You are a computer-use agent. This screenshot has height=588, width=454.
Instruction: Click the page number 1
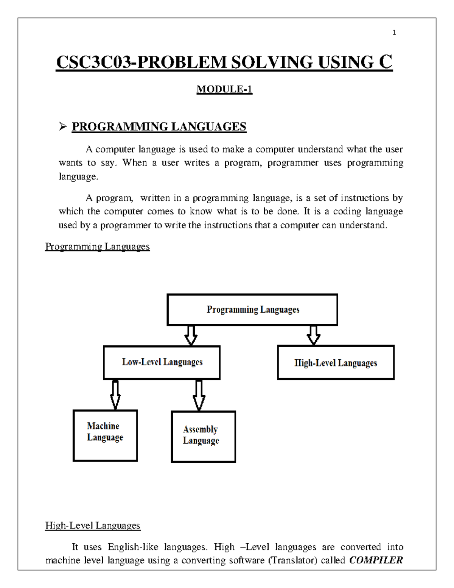(x=394, y=33)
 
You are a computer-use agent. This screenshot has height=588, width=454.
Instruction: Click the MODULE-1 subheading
(x=224, y=89)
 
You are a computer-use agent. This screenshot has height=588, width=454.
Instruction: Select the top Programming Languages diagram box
(x=252, y=310)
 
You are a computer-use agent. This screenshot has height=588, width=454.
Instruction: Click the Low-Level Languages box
(x=162, y=362)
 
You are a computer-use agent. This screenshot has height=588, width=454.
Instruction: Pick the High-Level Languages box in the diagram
(x=336, y=363)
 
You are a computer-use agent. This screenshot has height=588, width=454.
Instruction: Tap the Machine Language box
(x=105, y=435)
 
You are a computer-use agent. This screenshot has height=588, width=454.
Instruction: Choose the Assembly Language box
(x=204, y=437)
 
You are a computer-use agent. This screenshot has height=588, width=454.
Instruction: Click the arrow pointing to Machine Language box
(x=115, y=395)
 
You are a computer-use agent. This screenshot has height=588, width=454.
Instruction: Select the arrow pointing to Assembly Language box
(x=199, y=395)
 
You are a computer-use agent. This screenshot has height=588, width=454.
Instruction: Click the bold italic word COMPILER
(x=376, y=560)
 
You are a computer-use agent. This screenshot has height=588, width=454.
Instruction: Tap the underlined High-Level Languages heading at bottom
(x=93, y=526)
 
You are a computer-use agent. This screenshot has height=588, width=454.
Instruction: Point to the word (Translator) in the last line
(x=292, y=560)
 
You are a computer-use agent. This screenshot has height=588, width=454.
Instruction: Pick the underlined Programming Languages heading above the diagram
(x=97, y=246)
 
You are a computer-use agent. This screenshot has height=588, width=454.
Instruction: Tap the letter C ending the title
(x=386, y=62)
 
